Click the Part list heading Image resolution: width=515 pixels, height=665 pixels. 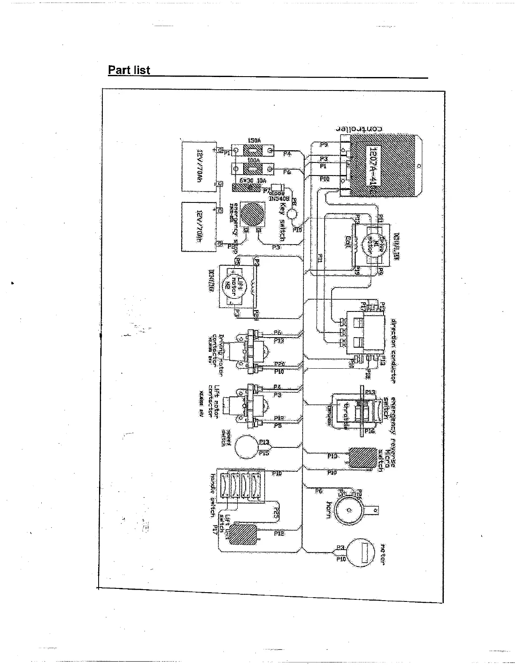point(129,70)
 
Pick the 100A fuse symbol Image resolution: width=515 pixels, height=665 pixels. point(253,170)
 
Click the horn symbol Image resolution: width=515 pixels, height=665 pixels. point(349,510)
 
